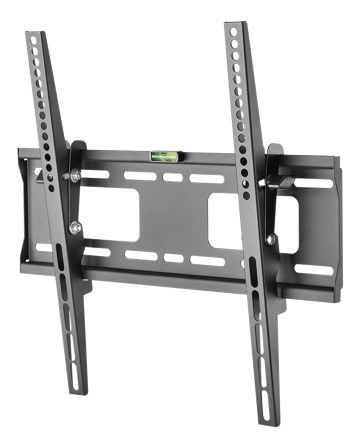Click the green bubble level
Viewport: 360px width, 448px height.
161,155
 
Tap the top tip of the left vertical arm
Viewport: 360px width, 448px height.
34,34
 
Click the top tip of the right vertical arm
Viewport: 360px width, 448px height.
232,25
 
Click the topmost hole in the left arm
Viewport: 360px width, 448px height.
36,47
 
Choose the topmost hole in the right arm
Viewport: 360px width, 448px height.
232,38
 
